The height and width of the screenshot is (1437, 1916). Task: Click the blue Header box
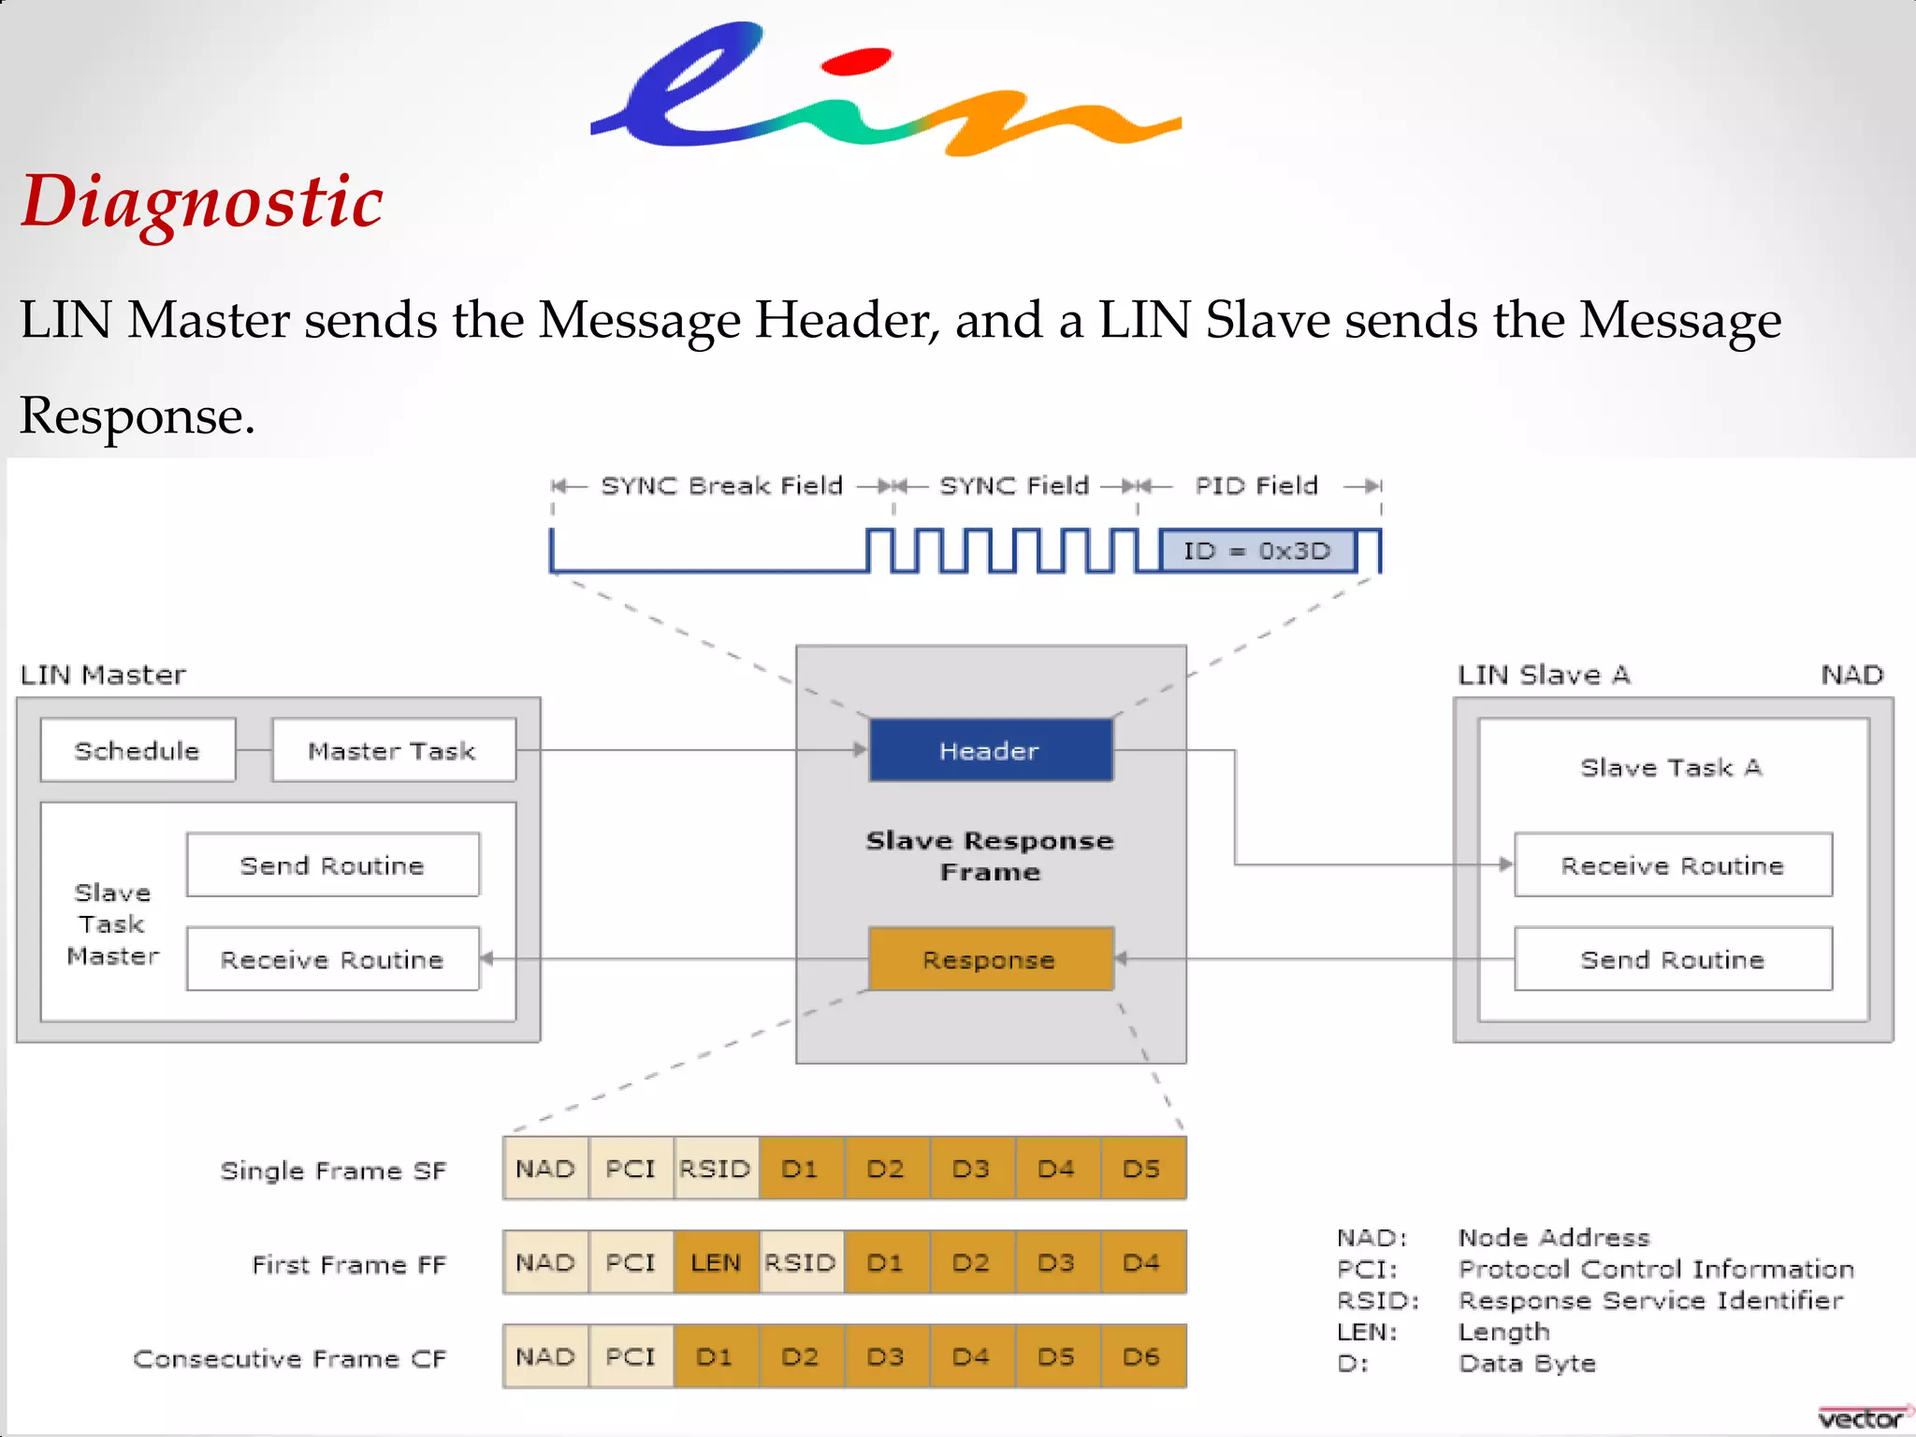(x=991, y=750)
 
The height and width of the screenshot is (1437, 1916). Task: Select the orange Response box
(x=991, y=959)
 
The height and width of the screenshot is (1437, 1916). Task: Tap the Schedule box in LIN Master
(x=138, y=750)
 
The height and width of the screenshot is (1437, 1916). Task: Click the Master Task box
(x=393, y=750)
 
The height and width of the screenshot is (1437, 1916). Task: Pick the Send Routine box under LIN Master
(x=333, y=865)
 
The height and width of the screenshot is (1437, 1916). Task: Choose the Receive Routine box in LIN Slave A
(x=1673, y=865)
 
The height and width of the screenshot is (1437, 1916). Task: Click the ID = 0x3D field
(x=1256, y=551)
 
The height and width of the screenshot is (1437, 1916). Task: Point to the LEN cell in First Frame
(x=716, y=1263)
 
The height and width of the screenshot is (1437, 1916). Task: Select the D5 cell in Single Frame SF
(x=1142, y=1168)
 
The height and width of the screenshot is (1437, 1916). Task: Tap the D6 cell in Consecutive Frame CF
(x=1142, y=1357)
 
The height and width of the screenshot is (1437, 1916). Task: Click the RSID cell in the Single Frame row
(x=716, y=1168)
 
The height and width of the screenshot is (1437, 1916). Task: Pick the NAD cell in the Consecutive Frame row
(x=545, y=1357)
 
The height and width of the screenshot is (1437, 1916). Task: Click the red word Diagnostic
(x=202, y=202)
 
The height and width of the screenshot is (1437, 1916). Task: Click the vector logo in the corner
(x=1862, y=1418)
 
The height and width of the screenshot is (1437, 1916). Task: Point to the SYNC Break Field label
(x=721, y=486)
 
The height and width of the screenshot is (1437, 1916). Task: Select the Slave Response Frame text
(x=991, y=856)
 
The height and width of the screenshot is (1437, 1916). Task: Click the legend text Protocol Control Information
(x=1656, y=1270)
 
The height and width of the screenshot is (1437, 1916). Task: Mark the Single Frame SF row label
(x=333, y=1170)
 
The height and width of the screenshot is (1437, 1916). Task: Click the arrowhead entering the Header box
(x=860, y=749)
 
